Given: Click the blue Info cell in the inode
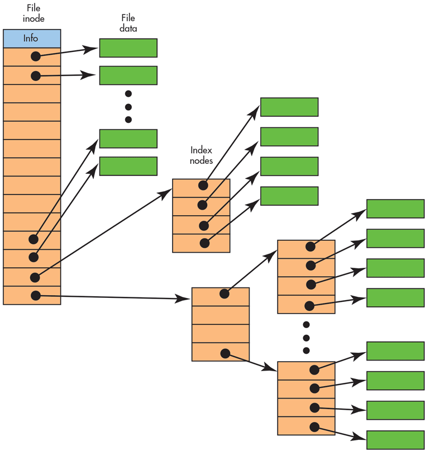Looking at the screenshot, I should click(x=32, y=39).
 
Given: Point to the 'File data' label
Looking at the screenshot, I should click(x=128, y=24).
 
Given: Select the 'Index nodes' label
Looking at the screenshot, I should click(x=202, y=155).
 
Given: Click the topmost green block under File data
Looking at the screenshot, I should click(x=128, y=48).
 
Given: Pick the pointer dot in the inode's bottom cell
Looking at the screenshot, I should click(x=36, y=295).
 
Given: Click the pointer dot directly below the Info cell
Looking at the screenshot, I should click(x=36, y=56).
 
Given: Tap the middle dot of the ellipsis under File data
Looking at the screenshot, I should click(x=128, y=106).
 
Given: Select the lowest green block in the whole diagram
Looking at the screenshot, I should click(x=395, y=439).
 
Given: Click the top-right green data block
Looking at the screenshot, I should click(x=395, y=208).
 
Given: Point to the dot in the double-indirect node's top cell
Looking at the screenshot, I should click(x=224, y=293).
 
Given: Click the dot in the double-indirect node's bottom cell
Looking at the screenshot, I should click(x=225, y=353).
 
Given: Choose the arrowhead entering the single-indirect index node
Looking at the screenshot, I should click(x=165, y=193).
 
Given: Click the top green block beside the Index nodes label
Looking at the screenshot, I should click(x=289, y=107).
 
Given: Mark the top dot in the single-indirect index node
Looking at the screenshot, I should click(x=203, y=185).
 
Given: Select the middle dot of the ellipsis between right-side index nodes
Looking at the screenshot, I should click(x=306, y=338).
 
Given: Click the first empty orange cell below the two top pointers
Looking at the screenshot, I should click(x=32, y=93).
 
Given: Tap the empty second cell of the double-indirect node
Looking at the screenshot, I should click(x=220, y=315).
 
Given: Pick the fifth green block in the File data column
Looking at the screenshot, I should click(x=128, y=166).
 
